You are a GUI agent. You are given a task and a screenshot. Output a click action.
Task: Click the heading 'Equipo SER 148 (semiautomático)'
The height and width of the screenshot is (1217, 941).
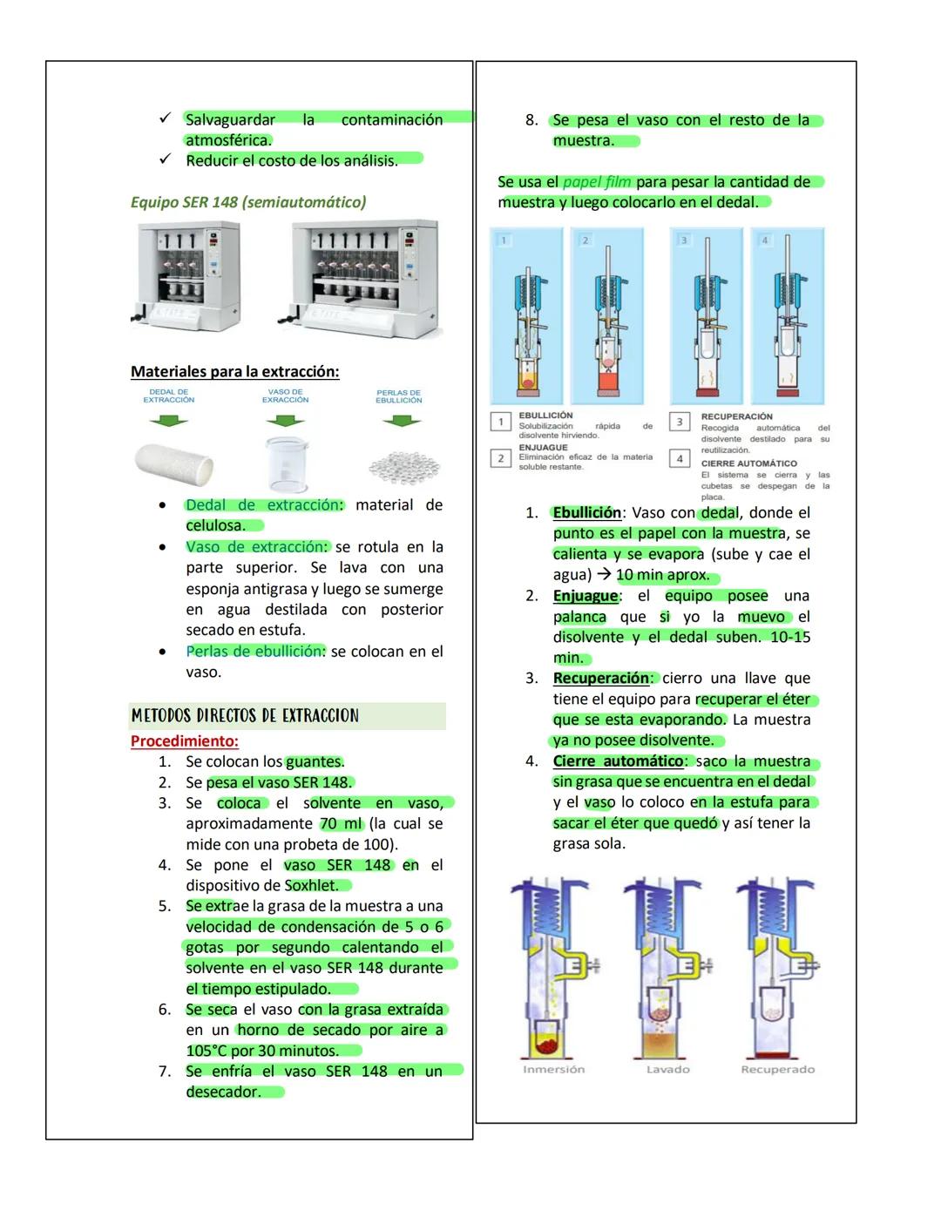247,202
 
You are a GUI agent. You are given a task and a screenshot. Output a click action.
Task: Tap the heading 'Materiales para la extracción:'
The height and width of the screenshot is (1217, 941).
234,372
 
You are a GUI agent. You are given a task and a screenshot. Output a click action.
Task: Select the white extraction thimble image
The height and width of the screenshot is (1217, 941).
174,463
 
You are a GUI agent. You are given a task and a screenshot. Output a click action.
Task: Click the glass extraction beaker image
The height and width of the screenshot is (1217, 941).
286,464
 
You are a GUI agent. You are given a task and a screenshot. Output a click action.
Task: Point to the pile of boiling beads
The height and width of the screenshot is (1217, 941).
398,466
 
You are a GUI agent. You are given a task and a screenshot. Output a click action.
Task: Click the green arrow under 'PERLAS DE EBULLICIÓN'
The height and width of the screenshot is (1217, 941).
400,422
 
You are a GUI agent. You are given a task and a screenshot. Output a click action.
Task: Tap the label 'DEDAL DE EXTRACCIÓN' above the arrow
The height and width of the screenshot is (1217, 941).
168,396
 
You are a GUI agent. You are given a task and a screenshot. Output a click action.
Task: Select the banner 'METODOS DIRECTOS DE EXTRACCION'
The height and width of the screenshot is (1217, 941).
245,716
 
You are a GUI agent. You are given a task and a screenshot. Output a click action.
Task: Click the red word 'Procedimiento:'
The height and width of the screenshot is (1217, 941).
184,741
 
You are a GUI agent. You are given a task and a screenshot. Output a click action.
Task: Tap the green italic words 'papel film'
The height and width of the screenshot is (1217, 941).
597,182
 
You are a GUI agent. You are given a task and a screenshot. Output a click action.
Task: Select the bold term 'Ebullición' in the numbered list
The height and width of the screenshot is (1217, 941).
586,512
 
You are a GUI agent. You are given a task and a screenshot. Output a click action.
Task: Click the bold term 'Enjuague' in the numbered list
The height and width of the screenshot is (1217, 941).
585,596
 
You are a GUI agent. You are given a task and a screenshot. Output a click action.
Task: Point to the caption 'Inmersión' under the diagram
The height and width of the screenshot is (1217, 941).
553,1069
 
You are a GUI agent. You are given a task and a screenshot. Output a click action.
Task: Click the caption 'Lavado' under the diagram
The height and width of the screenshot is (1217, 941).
667,1069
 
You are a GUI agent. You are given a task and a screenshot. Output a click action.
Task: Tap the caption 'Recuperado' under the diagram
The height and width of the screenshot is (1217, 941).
777,1069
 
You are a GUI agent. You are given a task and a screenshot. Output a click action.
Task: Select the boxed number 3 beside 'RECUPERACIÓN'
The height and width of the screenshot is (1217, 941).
680,423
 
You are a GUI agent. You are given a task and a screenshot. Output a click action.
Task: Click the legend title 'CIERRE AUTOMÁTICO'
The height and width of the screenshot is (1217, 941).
748,463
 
